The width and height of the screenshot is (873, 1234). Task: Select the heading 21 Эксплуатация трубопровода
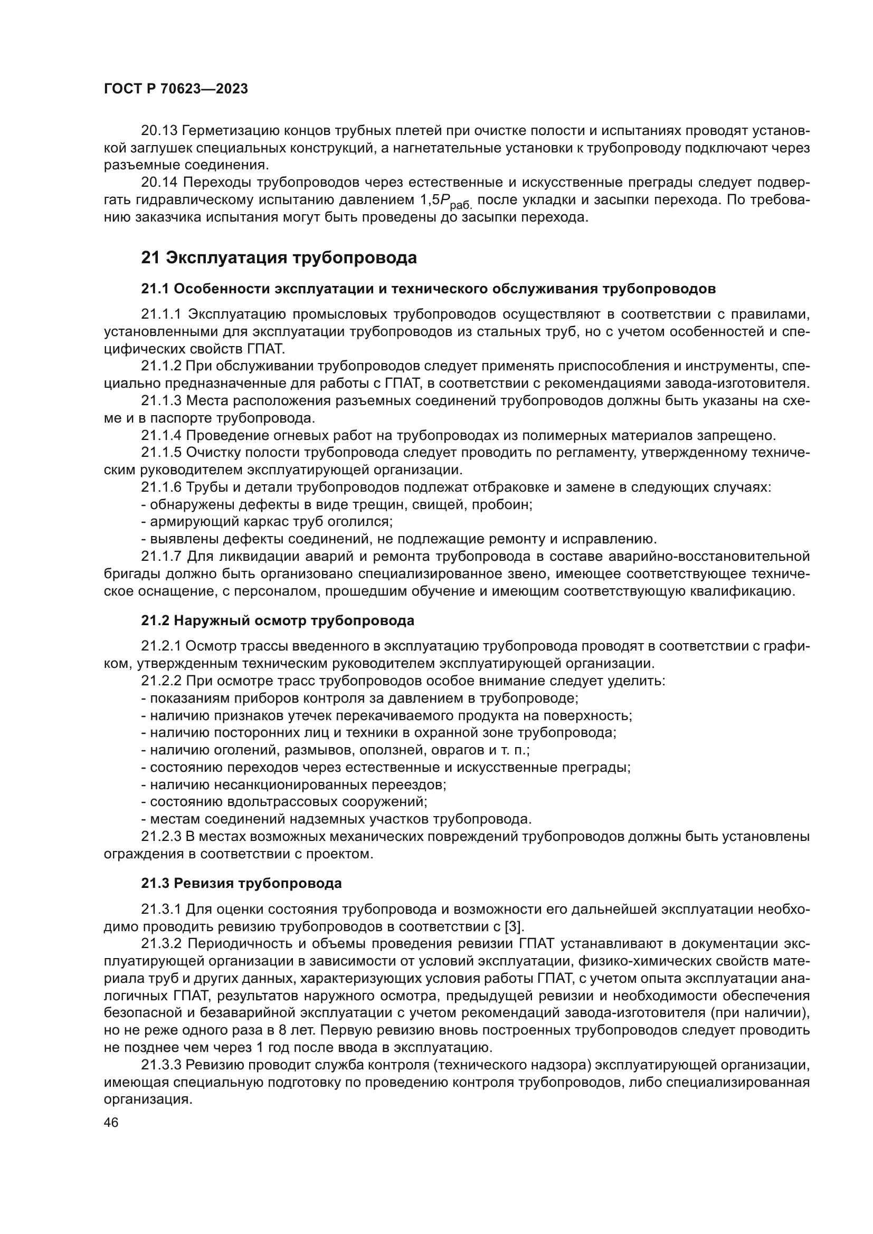[279, 258]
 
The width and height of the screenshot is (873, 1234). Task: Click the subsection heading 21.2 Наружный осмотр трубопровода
[278, 621]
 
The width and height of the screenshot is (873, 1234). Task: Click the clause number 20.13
[159, 131]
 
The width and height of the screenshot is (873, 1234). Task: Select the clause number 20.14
[159, 183]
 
